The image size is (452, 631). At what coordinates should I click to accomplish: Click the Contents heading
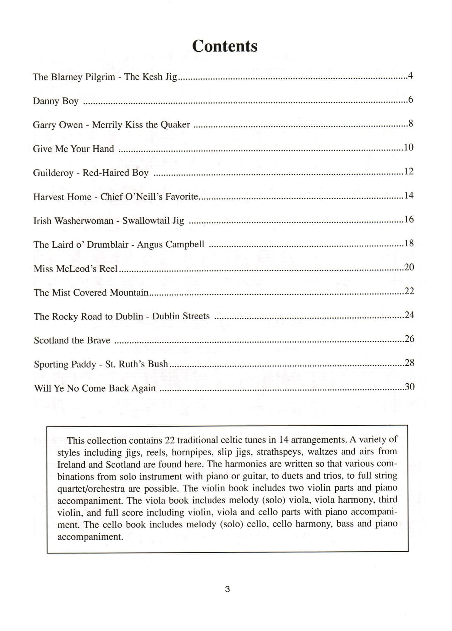coord(225,46)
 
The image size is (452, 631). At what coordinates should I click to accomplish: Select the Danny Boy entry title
coord(56,101)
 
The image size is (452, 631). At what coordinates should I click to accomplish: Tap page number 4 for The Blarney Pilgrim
coord(410,76)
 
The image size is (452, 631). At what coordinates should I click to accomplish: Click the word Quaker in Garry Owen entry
coord(175,125)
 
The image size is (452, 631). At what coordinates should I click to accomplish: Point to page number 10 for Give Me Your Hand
coord(408,148)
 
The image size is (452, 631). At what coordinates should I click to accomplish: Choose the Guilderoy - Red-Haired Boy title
coord(91,173)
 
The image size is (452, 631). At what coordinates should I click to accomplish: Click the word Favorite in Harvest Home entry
coord(182,197)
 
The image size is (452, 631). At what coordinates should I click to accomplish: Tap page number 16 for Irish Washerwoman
coord(409,219)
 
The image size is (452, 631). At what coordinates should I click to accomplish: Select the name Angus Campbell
coord(170,245)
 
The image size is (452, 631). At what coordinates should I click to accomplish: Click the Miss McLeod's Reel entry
coord(75,268)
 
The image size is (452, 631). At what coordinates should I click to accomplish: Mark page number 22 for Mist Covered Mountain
coord(409,291)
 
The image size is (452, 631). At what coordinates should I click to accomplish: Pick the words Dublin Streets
coord(181,316)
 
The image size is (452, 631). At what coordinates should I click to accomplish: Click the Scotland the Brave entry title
coord(72,340)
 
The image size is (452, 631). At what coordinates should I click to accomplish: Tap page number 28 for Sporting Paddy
coord(409,363)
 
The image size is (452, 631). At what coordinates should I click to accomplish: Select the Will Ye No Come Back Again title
coord(95,388)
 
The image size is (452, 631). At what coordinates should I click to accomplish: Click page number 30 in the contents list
coord(409,387)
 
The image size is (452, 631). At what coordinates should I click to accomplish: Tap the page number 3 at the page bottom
coord(227,589)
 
